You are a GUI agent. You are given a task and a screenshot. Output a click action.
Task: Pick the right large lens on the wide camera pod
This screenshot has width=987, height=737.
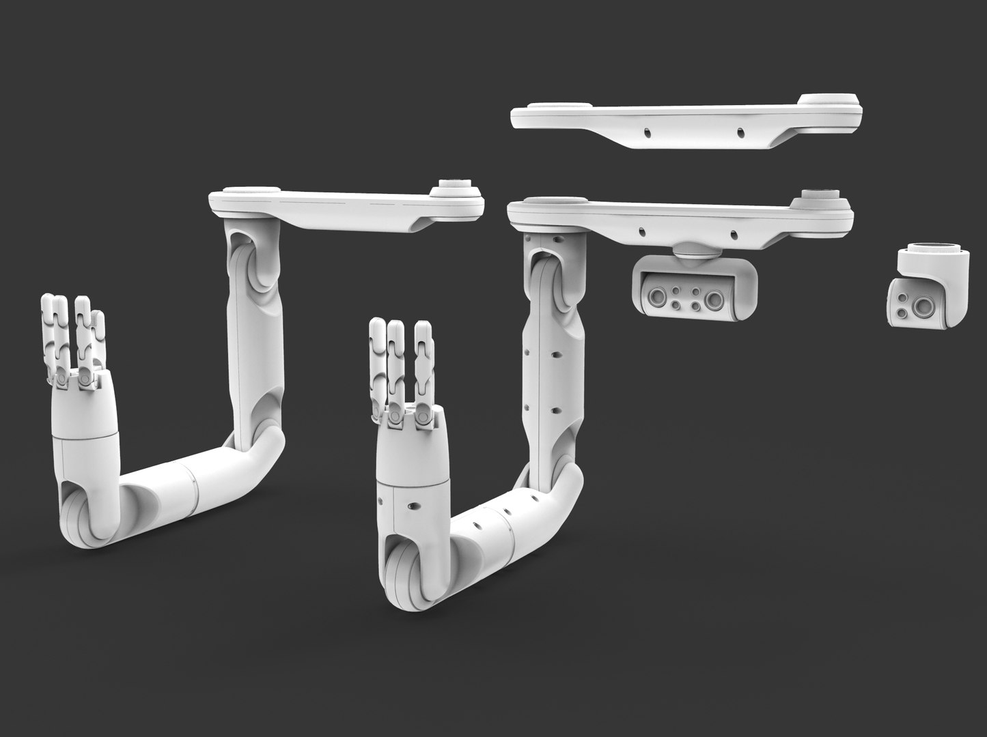pos(716,298)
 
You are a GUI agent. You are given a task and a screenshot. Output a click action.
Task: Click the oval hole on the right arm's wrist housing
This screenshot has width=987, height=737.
pos(412,506)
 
